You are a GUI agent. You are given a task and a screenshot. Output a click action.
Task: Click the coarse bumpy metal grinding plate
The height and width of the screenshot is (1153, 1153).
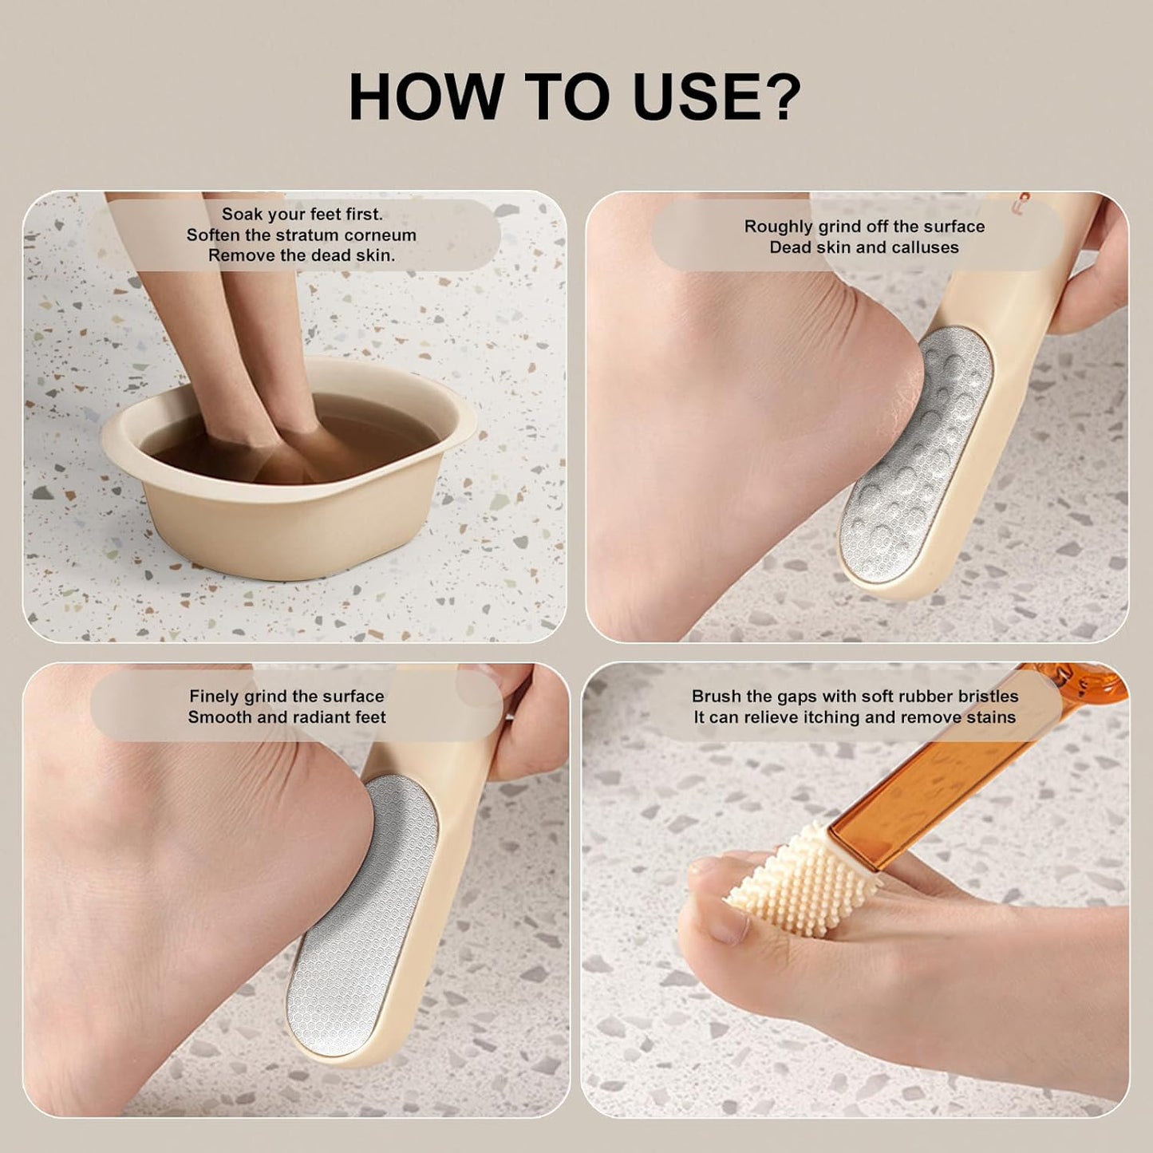918,447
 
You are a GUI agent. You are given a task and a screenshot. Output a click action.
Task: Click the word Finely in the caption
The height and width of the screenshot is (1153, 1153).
213,697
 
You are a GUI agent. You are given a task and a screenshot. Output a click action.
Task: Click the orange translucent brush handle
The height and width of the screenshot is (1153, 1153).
958,782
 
